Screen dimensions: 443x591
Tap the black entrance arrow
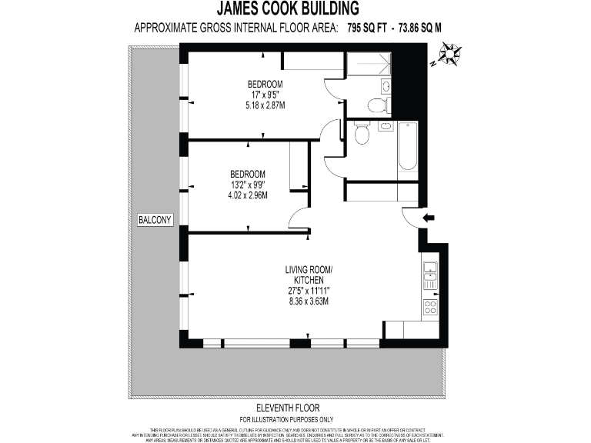(429, 218)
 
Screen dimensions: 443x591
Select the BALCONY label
(155, 221)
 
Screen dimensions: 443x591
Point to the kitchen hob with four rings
(430, 307)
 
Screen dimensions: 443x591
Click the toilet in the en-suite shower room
(375, 105)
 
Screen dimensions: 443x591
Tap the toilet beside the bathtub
(361, 135)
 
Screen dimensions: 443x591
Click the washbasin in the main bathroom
(385, 126)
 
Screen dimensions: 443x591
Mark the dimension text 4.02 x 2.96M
(247, 195)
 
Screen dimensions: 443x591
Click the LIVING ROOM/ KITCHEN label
(308, 275)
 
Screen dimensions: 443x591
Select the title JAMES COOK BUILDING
(288, 9)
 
